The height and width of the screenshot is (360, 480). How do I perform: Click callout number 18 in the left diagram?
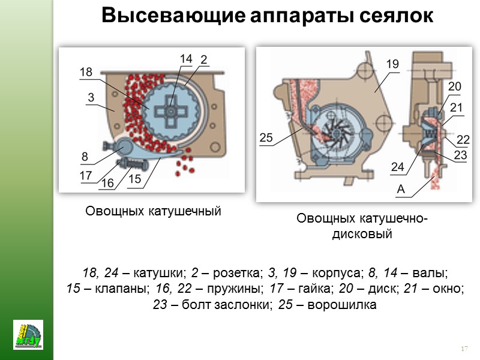click(x=86, y=72)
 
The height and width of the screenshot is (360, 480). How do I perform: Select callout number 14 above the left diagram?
click(x=185, y=59)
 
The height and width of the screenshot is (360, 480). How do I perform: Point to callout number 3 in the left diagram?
click(x=91, y=96)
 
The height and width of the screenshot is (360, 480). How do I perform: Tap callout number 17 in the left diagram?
click(x=86, y=176)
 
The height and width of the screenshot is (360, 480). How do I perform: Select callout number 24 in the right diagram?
click(x=397, y=167)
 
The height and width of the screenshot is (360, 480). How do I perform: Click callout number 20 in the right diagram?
click(x=454, y=87)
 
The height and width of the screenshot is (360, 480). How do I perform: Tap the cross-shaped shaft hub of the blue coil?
click(x=172, y=112)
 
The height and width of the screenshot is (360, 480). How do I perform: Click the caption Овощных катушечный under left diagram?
click(x=153, y=211)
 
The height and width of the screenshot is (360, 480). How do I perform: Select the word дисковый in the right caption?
click(x=362, y=234)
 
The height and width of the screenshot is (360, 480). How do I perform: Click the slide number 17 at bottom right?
click(x=463, y=349)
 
